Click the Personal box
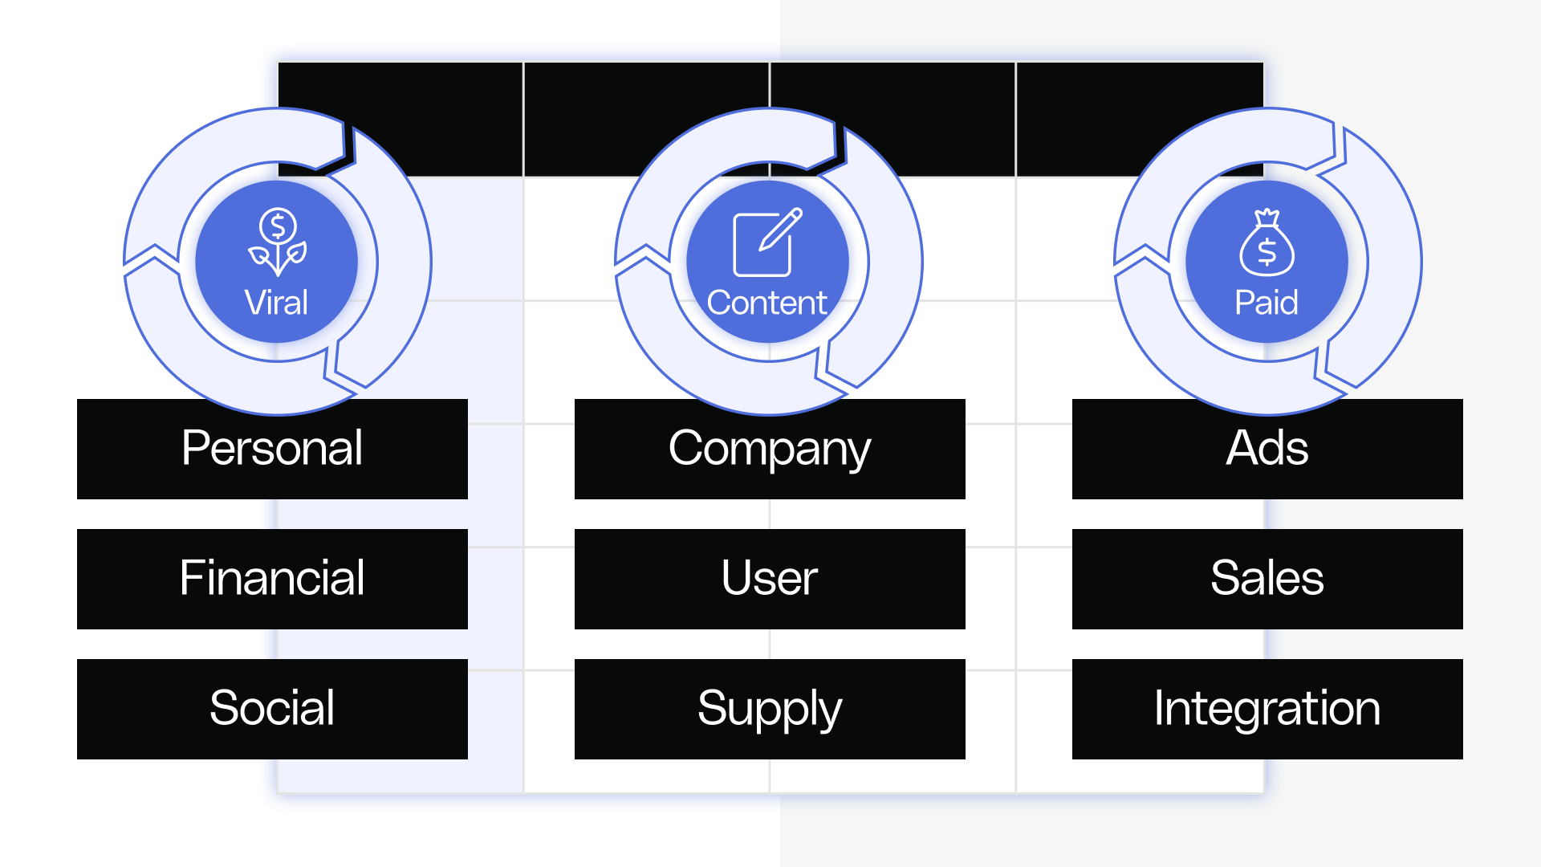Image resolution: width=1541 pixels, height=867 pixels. coord(272,449)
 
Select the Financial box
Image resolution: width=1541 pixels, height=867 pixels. coord(272,579)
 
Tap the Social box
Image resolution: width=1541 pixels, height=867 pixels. coord(272,709)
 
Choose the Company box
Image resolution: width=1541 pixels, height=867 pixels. coord(770,449)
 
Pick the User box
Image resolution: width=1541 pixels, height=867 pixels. coord(770,579)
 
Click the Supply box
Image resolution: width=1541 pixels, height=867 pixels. coord(770,709)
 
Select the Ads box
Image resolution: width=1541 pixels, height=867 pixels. coord(1267,449)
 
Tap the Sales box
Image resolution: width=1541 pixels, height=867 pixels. coord(1267,579)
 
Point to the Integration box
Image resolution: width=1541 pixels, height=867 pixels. coord(1267,709)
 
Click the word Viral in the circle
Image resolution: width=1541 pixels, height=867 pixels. coord(276,303)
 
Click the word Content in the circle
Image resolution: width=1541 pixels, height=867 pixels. coord(766,303)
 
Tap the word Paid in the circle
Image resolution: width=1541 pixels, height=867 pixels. coord(1267,303)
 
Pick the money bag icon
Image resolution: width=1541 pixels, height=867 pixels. coord(1267,242)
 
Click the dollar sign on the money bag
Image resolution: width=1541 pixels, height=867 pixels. coord(1267,252)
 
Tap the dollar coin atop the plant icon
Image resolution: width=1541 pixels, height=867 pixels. coord(278,226)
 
